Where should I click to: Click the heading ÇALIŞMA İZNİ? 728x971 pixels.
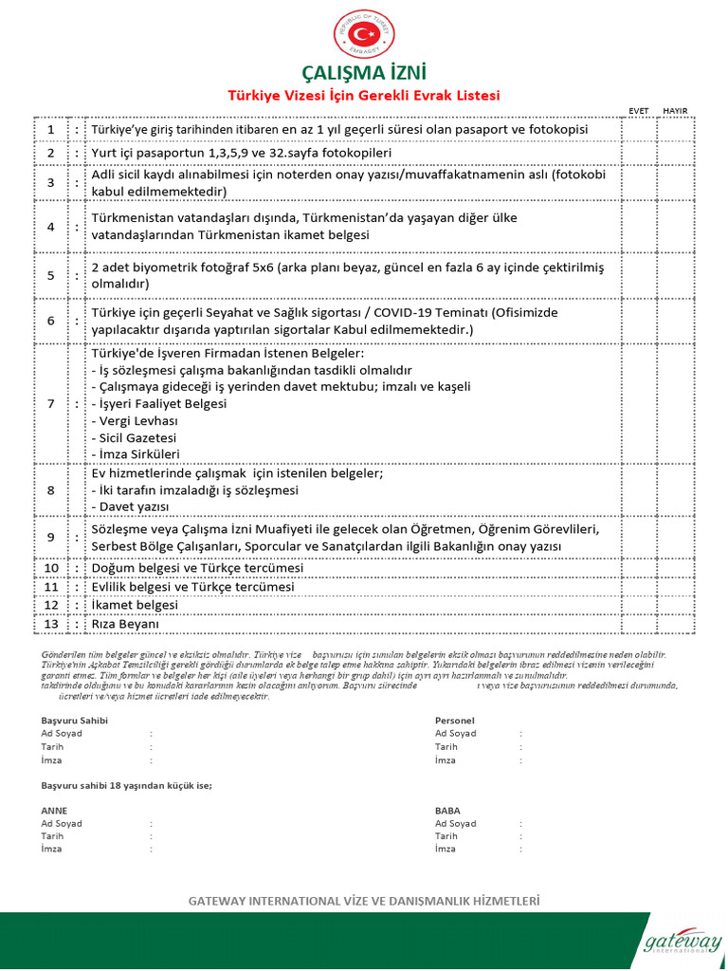point(363,74)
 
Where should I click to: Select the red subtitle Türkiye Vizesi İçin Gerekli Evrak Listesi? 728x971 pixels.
point(363,96)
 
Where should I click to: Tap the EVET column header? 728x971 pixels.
point(639,111)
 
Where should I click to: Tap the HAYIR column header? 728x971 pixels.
point(675,111)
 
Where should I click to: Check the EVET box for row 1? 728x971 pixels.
point(639,129)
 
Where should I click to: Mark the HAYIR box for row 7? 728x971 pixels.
point(676,404)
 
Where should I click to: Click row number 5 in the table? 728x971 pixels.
point(51,276)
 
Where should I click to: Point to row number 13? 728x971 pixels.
point(51,625)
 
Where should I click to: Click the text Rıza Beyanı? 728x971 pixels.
point(126,625)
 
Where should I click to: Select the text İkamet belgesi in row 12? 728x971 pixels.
point(135,605)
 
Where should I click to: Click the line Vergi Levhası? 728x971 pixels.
point(135,420)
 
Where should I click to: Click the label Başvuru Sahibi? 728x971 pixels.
point(75,721)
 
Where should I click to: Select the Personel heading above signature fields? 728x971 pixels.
point(454,721)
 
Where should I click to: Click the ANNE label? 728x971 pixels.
point(55,812)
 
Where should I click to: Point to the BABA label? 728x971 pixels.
point(448,812)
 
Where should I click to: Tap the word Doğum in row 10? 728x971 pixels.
point(113,568)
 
